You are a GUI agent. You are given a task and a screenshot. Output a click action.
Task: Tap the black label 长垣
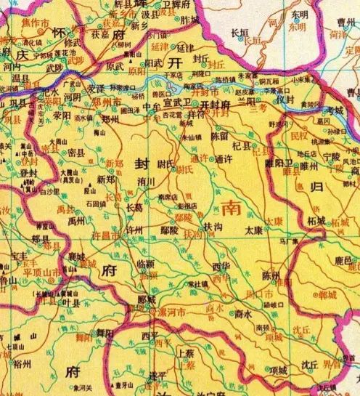[239, 33]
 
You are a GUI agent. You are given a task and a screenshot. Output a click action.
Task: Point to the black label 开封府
[216, 104]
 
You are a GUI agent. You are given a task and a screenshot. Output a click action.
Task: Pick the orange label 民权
[298, 136]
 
